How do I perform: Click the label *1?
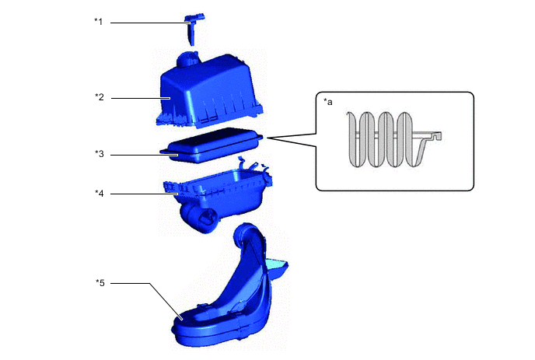click(x=99, y=22)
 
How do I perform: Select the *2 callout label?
click(x=99, y=97)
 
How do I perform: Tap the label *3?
click(x=99, y=155)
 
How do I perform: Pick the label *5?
click(x=99, y=283)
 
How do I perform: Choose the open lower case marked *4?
click(x=226, y=187)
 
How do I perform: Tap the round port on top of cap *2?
click(x=191, y=58)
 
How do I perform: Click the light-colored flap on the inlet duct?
click(x=278, y=270)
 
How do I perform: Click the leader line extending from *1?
click(x=148, y=23)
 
